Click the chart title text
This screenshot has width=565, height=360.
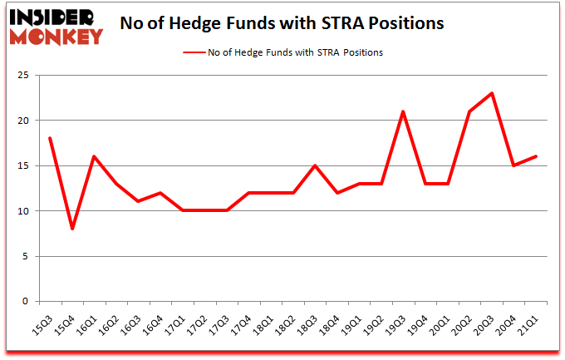(x=281, y=23)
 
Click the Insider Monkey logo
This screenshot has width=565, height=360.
(x=56, y=26)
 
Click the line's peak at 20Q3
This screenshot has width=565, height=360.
(x=492, y=93)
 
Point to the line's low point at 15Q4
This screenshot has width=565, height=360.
(x=71, y=229)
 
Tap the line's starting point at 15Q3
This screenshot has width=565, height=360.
(x=50, y=138)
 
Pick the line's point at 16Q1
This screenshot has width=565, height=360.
(x=93, y=156)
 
